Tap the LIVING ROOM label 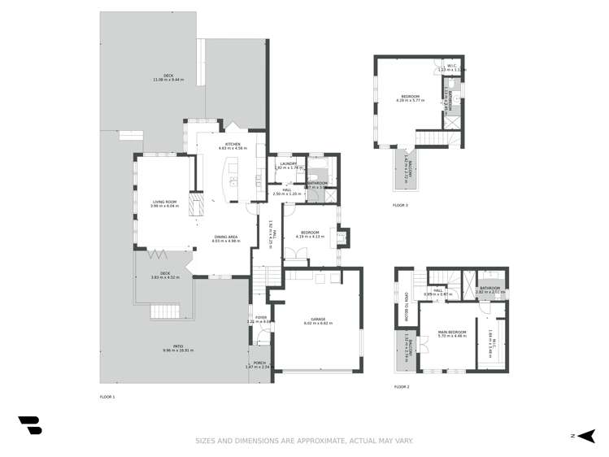coord(163,202)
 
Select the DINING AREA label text coord(227,237)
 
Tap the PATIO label coord(172,346)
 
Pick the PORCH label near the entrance coord(259,363)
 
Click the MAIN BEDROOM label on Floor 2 coord(451,331)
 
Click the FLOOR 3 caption coord(400,205)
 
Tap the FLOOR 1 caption coord(107,396)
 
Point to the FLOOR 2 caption coord(402,387)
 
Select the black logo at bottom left coord(29,424)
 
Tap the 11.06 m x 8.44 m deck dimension coord(168,80)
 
